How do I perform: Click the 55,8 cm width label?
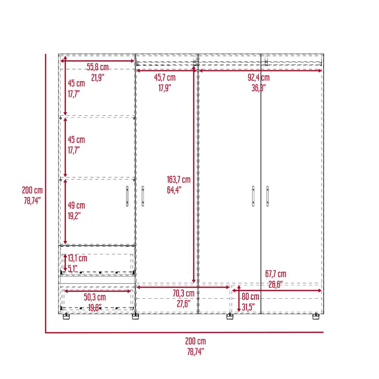click(x=98, y=67)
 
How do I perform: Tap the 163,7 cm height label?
click(x=179, y=180)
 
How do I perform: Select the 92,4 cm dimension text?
click(x=258, y=78)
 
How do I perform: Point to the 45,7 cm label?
click(x=165, y=78)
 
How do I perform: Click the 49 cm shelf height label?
click(x=77, y=205)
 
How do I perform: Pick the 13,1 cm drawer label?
click(x=77, y=258)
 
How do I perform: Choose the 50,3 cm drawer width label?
click(x=95, y=297)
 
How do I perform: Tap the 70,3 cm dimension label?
click(x=183, y=293)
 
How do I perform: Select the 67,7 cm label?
click(x=276, y=274)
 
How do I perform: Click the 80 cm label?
click(x=251, y=297)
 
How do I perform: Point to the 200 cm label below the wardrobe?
click(x=196, y=341)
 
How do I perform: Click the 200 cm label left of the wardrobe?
click(x=32, y=190)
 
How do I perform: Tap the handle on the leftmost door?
click(x=127, y=196)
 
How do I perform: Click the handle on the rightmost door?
click(x=267, y=196)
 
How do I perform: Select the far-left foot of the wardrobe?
click(x=66, y=316)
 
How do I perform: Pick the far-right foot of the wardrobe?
click(x=316, y=316)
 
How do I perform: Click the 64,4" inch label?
click(x=174, y=190)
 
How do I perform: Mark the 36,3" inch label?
click(x=258, y=88)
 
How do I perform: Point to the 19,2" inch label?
click(x=74, y=216)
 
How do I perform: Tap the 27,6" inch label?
click(x=183, y=304)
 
